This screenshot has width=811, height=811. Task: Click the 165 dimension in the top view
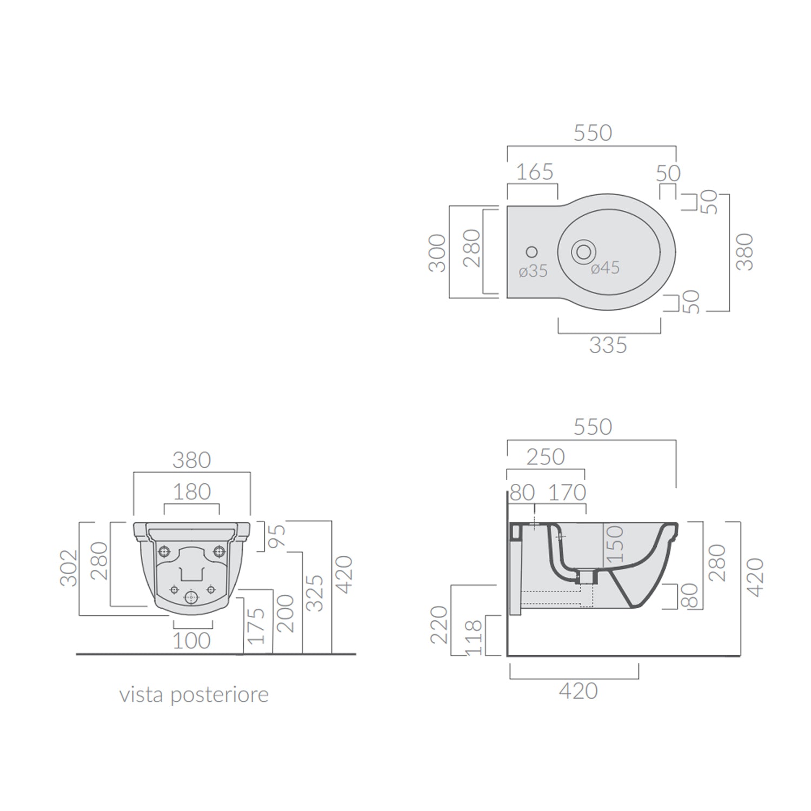tap(534, 172)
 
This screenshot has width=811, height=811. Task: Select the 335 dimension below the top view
tap(608, 345)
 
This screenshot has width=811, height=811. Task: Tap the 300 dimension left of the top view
tap(437, 252)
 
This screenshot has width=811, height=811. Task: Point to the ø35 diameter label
tap(533, 271)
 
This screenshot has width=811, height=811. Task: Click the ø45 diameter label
tap(605, 268)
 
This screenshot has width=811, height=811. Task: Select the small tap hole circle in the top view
tap(531, 252)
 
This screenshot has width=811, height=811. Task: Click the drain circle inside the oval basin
tap(583, 251)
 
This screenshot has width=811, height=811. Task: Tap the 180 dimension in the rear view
tap(191, 492)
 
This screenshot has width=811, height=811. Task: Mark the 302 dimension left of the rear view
tap(69, 568)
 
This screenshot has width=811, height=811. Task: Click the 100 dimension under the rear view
tap(191, 641)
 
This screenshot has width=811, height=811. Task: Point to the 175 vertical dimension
tap(257, 626)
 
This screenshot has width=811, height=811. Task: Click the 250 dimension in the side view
tap(545, 457)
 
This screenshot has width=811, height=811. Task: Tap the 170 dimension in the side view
tap(567, 493)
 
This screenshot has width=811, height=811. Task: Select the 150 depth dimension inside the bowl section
tap(615, 543)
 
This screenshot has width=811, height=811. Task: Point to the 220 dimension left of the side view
tap(439, 624)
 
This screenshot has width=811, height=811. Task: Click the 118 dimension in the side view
tap(473, 637)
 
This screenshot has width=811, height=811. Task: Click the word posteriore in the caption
tap(219, 695)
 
